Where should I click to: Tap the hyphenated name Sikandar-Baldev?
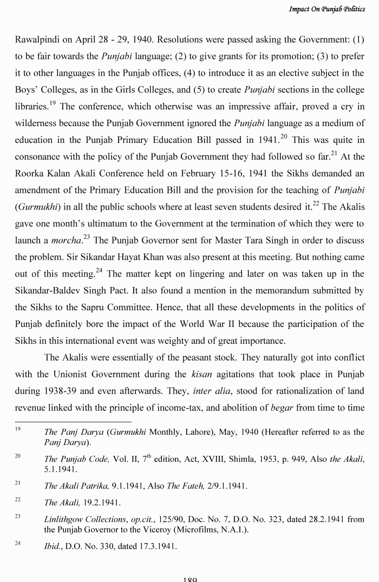coord(57,291)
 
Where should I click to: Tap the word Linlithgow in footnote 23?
coord(65,519)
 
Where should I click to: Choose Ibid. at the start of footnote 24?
coord(53,547)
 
